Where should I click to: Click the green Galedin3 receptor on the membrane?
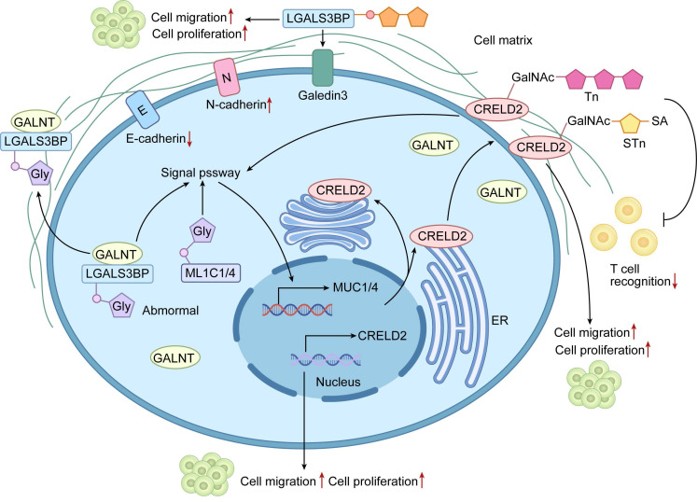(x=323, y=67)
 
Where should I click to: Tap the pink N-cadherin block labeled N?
(x=227, y=77)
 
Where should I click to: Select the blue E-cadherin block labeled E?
(x=142, y=109)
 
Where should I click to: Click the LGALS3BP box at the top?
(x=318, y=19)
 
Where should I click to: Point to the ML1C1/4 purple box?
(x=210, y=272)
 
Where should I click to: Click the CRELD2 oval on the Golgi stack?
(x=341, y=190)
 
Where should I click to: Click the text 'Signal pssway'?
(x=201, y=173)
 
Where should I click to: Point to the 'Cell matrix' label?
(x=503, y=40)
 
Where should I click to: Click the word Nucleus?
(x=338, y=382)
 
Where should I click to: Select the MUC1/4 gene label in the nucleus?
(x=355, y=287)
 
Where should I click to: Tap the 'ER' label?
(x=499, y=320)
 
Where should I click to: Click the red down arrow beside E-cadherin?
(x=189, y=139)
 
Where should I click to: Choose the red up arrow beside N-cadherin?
(x=269, y=105)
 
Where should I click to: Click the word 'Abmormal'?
(x=170, y=311)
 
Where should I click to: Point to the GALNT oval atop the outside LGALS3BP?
(x=35, y=122)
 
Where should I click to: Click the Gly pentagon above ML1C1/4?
(x=202, y=231)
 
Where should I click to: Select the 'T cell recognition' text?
(x=640, y=275)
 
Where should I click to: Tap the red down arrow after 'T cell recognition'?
(x=675, y=281)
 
